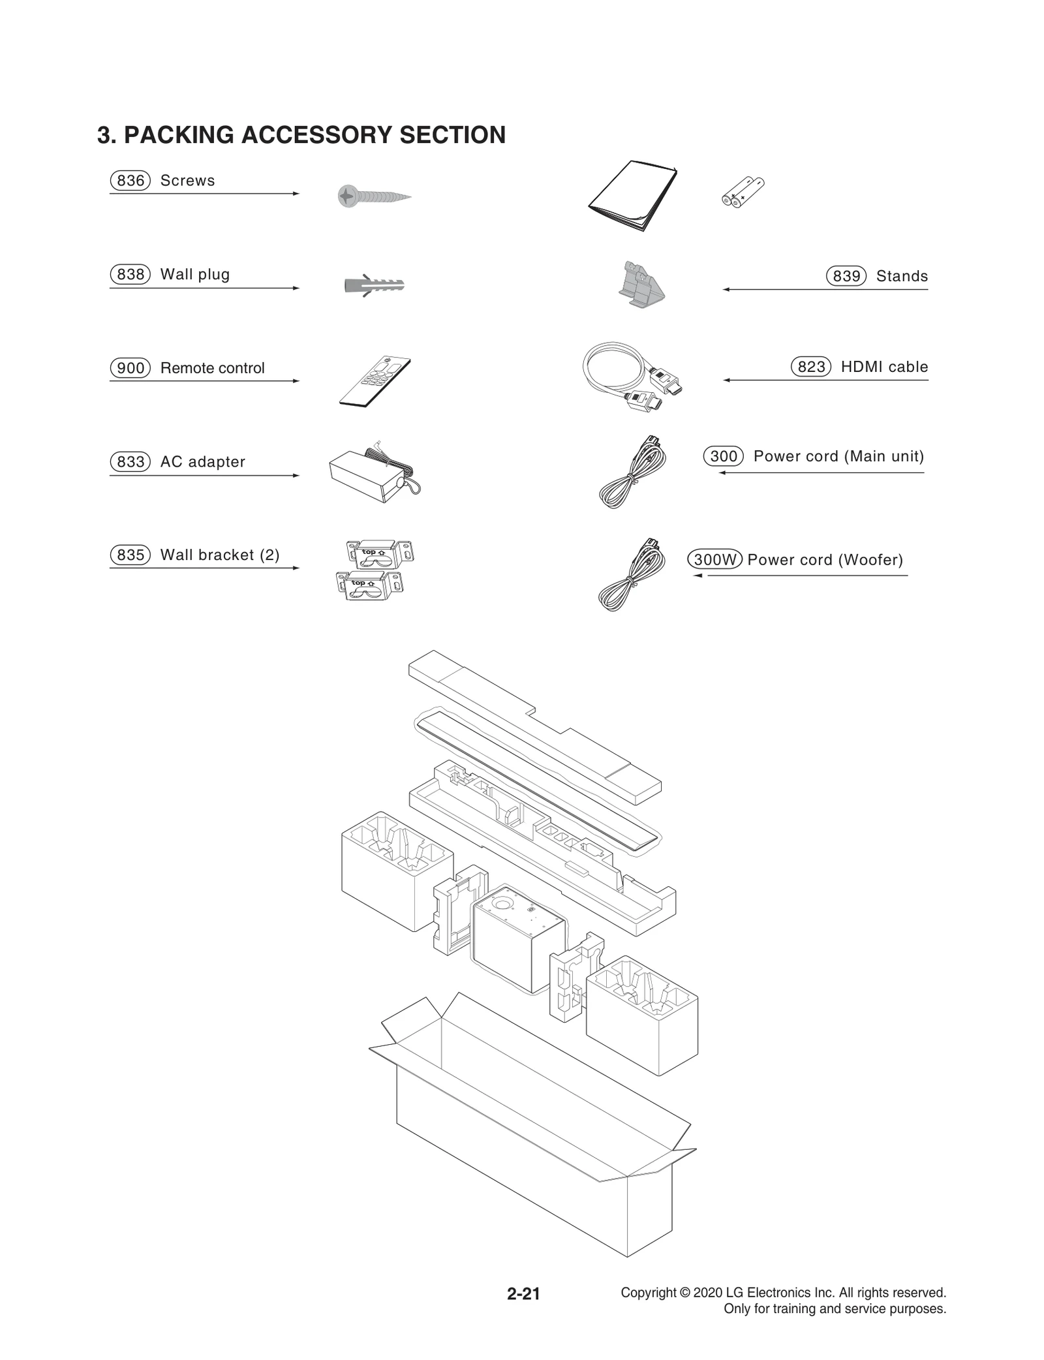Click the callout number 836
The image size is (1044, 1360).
130,180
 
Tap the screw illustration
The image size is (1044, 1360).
373,196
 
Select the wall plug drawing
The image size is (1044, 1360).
373,285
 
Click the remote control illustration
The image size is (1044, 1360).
375,382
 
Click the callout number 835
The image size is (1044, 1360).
130,555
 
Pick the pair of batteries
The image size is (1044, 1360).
743,192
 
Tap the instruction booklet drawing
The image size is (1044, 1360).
632,196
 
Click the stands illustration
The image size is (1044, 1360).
641,284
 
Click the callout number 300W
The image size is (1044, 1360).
714,559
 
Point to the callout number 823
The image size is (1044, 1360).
811,367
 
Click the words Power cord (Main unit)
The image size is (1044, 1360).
838,456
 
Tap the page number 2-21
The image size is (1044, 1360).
523,1293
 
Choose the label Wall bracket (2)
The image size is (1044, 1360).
220,555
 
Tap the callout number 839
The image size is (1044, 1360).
846,276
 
